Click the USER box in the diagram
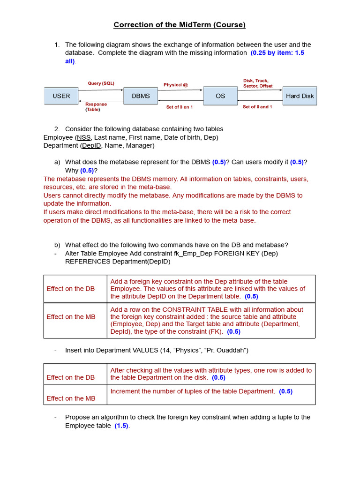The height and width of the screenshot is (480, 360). coord(61,96)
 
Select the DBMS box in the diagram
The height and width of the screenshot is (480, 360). coord(141,96)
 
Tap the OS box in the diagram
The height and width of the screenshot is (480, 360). coord(220,96)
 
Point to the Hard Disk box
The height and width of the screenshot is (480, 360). coord(300,96)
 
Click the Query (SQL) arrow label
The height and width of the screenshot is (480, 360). coord(101,83)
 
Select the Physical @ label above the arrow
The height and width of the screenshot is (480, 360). coord(175,85)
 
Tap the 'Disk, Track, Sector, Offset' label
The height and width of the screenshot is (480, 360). coord(258,83)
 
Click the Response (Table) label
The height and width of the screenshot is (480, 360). coord(96,107)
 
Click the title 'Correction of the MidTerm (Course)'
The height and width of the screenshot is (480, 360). coord(180,25)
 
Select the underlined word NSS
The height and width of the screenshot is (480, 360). coord(84,137)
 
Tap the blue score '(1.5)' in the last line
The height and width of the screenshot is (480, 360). coord(121,426)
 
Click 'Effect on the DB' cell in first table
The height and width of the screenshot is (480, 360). coord(70,289)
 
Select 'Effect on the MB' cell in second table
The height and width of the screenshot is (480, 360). coord(71,398)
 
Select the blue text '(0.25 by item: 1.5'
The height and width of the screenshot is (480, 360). coord(277,53)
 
